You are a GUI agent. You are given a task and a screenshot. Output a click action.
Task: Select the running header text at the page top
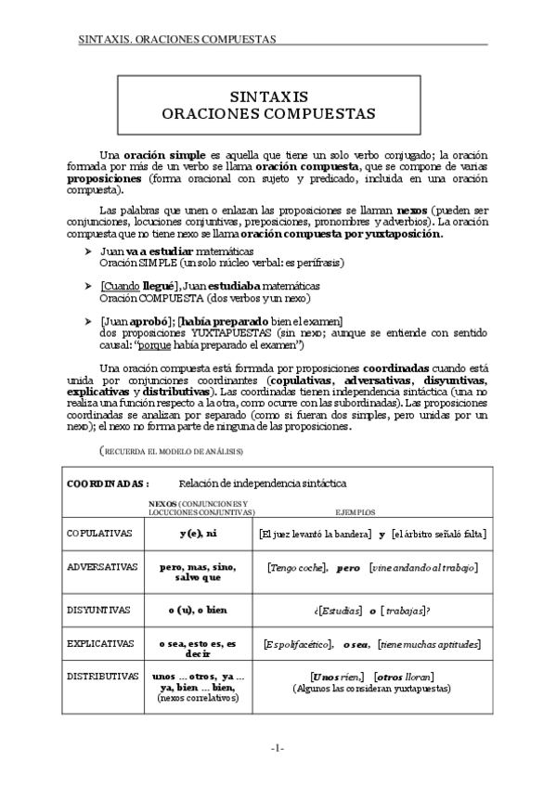[177, 40]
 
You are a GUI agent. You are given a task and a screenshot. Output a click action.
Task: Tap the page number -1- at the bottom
[278, 747]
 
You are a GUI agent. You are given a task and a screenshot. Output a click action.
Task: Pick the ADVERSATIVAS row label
[102, 565]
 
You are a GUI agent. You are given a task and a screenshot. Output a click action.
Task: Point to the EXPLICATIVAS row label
[101, 642]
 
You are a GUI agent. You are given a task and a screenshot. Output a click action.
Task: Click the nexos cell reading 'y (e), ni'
[199, 534]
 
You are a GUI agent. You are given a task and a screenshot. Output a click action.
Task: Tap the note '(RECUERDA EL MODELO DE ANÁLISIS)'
[172, 450]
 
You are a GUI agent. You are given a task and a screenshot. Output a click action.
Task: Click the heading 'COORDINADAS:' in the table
[108, 484]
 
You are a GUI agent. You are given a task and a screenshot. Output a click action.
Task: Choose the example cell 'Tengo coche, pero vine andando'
[371, 566]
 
